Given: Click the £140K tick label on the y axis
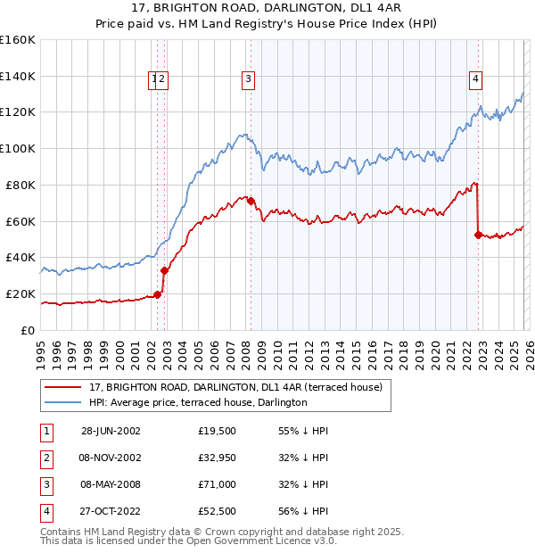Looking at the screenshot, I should coord(17,77).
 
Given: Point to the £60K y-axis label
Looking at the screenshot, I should coord(20,221).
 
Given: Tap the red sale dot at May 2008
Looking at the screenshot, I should coord(251,201).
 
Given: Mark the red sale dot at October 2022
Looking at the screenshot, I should coord(478,235).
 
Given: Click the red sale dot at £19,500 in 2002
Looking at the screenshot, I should coord(157,294).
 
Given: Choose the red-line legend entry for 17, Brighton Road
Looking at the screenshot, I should coord(235,387).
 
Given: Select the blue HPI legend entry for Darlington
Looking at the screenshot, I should coord(198,402).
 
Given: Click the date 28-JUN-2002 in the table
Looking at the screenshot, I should coord(111,431).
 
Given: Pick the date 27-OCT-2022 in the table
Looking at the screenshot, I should coord(111,511).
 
